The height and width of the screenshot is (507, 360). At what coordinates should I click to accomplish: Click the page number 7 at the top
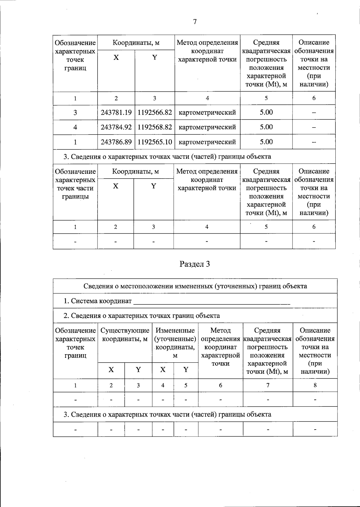click(x=195, y=22)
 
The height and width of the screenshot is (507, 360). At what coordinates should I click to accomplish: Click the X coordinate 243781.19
click(x=116, y=113)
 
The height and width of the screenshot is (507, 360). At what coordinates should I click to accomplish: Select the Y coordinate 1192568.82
click(x=155, y=127)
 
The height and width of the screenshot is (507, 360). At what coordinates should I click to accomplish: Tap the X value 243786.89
click(x=116, y=142)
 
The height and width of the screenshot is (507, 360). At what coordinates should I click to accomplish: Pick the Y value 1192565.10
click(x=155, y=142)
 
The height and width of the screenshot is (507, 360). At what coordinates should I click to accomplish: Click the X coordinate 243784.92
click(x=116, y=127)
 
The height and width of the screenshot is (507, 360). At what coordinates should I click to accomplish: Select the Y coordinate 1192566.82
click(x=155, y=113)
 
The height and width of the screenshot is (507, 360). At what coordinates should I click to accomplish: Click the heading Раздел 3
click(x=194, y=264)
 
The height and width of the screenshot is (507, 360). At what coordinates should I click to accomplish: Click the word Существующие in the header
click(x=125, y=331)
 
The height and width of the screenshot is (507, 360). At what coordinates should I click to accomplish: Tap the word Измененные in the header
click(x=175, y=331)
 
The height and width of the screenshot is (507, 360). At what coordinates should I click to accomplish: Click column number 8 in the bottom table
click(x=315, y=385)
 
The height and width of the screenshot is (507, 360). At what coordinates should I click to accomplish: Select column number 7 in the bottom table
click(x=268, y=385)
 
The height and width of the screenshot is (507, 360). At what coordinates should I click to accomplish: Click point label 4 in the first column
click(x=75, y=127)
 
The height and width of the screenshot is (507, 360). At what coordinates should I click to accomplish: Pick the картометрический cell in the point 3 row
click(x=207, y=113)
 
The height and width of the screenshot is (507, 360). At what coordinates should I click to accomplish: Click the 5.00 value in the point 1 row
click(x=266, y=142)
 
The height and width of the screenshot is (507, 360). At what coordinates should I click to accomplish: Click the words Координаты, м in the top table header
click(x=136, y=43)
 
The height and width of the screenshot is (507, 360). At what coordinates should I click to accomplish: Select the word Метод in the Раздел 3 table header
click(x=220, y=331)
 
